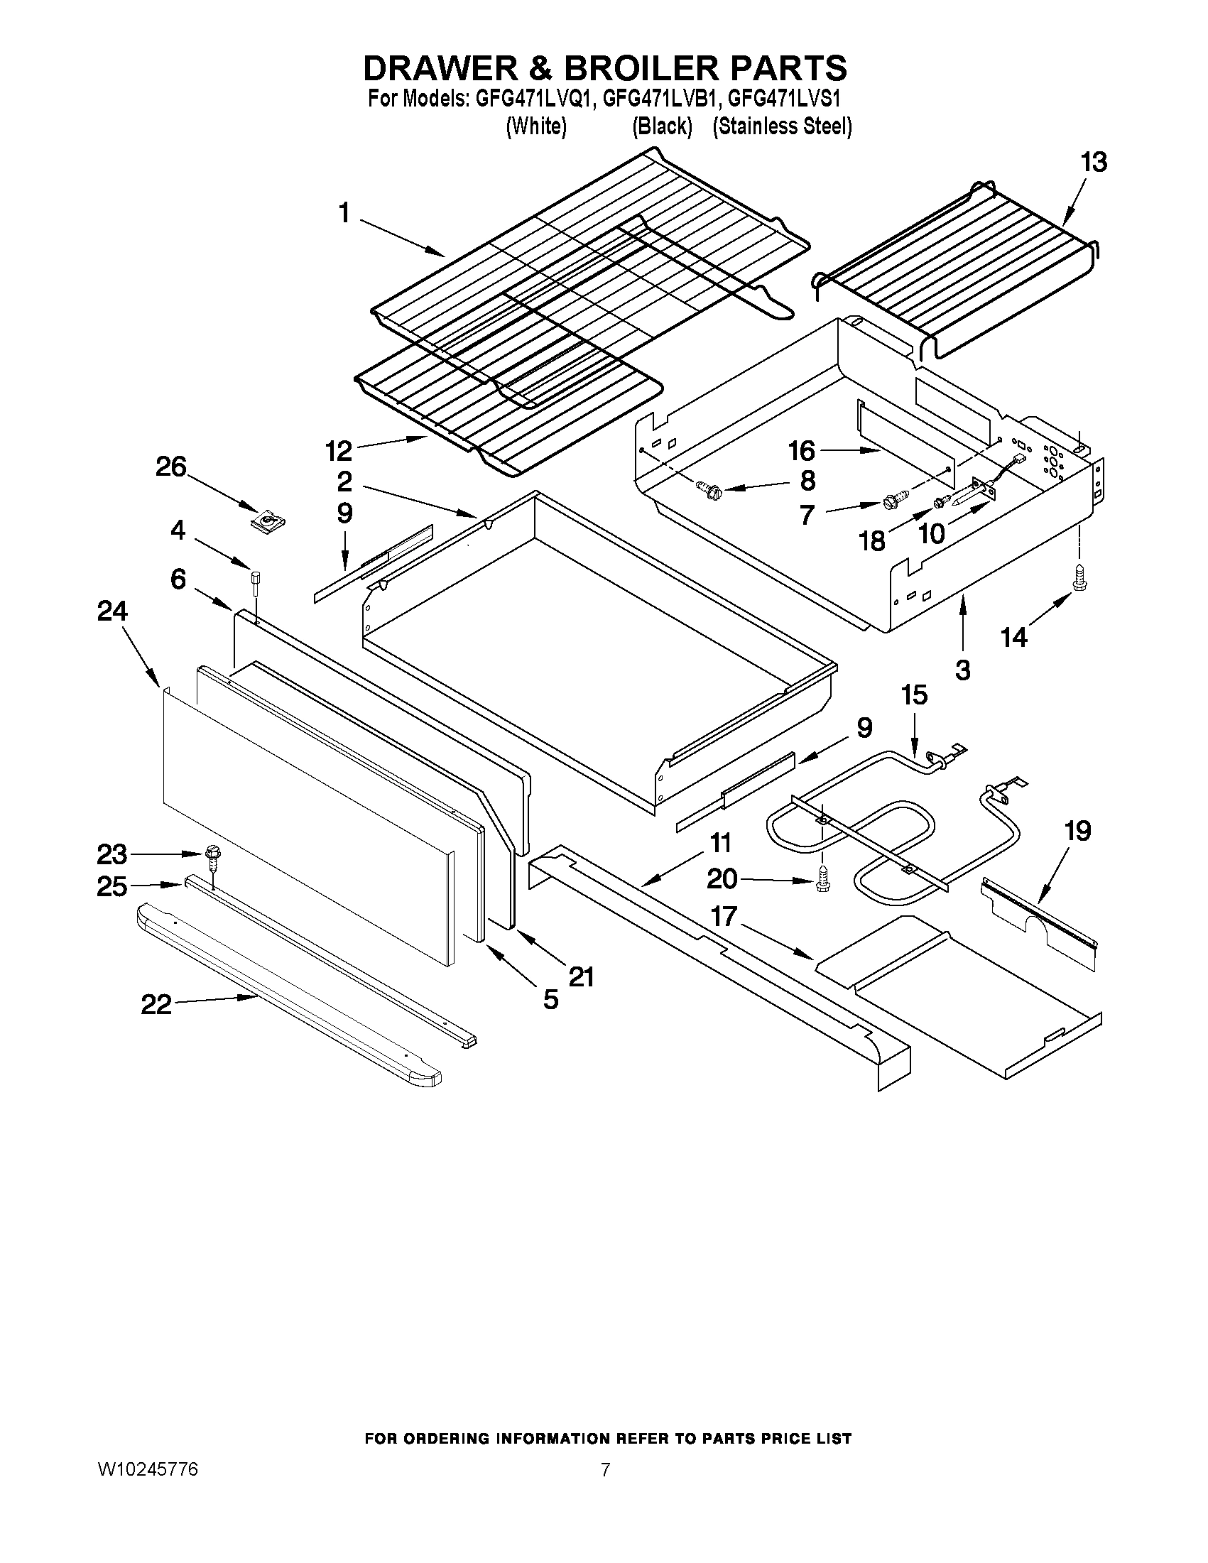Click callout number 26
point(171,467)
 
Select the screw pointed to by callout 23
point(212,853)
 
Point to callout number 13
point(1094,163)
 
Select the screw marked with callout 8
point(712,491)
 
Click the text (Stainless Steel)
point(782,126)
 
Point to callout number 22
point(156,1005)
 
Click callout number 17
point(724,916)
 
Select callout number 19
point(1077,831)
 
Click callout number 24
point(112,611)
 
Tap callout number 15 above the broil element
point(914,695)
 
